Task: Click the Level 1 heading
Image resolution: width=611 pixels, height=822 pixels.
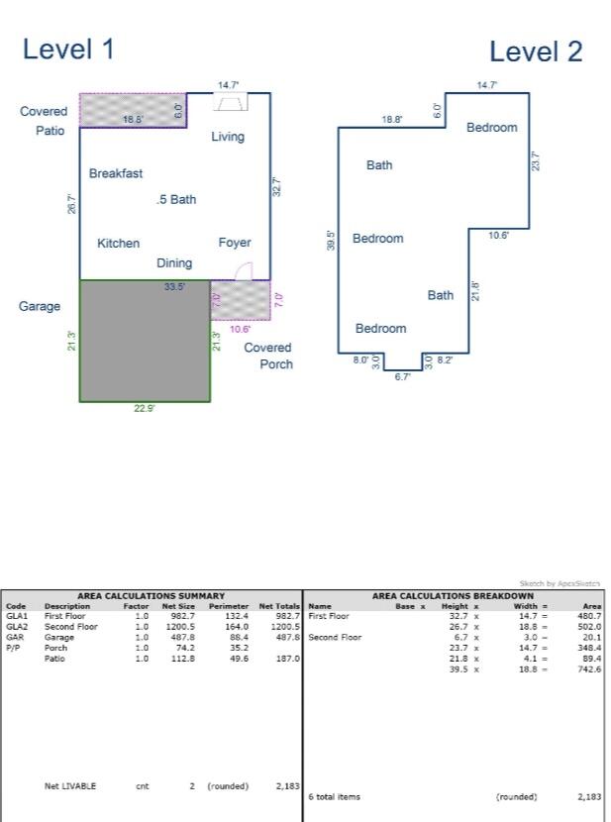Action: coord(68,49)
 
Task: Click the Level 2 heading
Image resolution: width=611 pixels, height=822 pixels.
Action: coord(536,51)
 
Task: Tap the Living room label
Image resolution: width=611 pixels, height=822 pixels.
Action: coord(228,137)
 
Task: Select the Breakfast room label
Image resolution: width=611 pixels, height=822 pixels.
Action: coord(116,173)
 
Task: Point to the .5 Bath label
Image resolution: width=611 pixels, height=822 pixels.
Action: coord(176,199)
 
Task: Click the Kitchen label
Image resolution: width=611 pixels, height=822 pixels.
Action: coord(118,244)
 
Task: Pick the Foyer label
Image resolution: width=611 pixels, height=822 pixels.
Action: coord(235,243)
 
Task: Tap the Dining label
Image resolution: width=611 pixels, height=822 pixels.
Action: coord(174,263)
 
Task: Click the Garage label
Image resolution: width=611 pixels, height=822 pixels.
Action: coord(40,307)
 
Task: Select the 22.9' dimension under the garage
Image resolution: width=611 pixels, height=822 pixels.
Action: coord(145,410)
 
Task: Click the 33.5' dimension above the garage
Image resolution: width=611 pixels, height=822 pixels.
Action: coord(175,287)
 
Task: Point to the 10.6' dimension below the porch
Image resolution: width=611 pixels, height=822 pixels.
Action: coord(240,329)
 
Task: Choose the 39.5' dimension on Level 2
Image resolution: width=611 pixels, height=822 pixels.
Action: coord(331,240)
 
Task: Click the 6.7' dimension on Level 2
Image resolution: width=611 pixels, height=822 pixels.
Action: coord(402,377)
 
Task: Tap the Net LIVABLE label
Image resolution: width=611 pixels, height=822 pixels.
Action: coord(70,786)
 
